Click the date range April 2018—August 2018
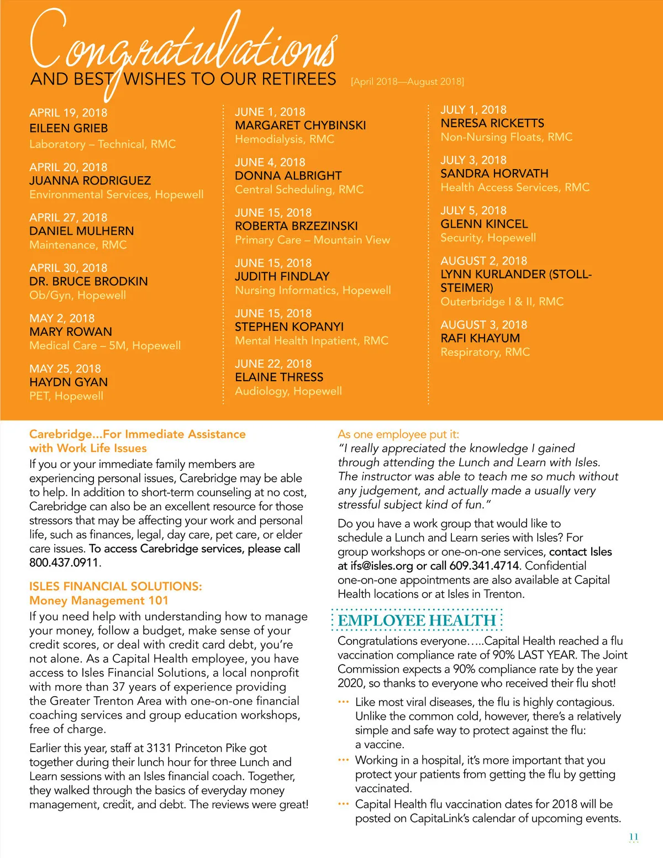(x=407, y=82)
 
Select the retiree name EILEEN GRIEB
(x=69, y=128)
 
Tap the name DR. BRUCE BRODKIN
(x=88, y=281)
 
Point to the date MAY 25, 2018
(x=65, y=369)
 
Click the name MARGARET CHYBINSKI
(x=300, y=125)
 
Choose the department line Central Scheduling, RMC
(x=299, y=190)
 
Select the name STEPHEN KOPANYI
(x=289, y=327)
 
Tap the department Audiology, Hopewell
(x=288, y=391)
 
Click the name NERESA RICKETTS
(x=492, y=123)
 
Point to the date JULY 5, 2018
(x=473, y=210)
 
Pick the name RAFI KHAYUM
(x=480, y=338)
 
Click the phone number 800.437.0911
(x=64, y=563)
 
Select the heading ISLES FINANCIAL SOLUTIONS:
(x=115, y=586)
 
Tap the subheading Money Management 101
(x=98, y=601)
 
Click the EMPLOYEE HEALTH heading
(x=417, y=620)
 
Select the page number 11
(x=634, y=837)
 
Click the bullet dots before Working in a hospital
(x=343, y=760)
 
